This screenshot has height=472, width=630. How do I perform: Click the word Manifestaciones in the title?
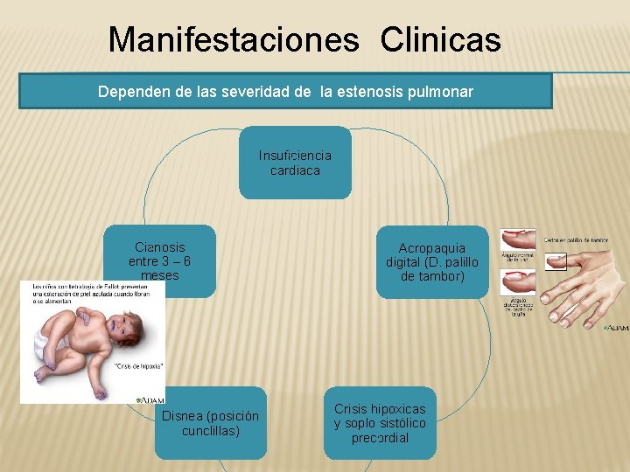click(234, 39)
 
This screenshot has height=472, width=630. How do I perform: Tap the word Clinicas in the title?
click(441, 39)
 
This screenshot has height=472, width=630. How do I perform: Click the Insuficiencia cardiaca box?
click(295, 163)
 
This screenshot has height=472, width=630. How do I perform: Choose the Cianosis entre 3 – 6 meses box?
click(159, 260)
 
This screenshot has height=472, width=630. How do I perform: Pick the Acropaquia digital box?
click(432, 261)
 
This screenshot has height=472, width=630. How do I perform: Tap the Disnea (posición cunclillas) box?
click(210, 423)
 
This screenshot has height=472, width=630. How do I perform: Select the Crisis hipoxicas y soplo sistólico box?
click(380, 423)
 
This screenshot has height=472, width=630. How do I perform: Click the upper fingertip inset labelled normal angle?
click(517, 239)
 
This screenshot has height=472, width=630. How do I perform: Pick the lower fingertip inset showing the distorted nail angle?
click(517, 282)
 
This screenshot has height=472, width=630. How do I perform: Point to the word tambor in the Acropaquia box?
click(443, 276)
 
